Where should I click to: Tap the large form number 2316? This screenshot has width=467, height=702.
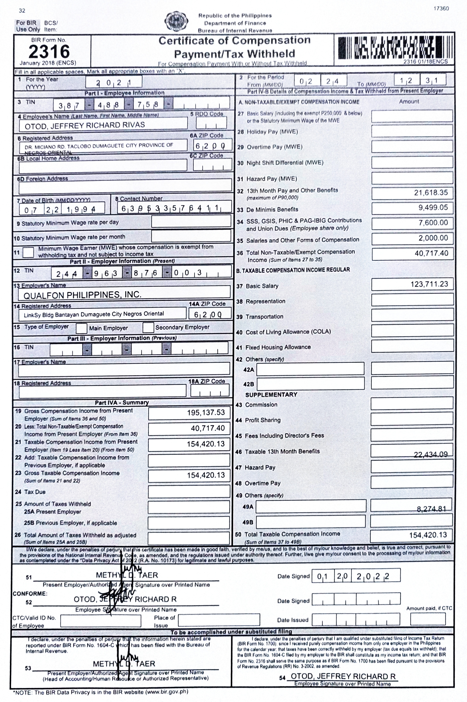(49, 52)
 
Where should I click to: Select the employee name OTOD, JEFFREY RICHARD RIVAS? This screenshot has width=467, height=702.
(85, 125)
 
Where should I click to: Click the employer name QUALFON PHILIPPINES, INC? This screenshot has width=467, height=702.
(83, 295)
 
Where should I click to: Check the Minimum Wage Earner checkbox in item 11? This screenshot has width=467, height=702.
(28, 252)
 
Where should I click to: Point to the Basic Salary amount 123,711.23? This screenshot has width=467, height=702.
(429, 284)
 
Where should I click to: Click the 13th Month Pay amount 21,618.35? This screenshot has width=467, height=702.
(431, 193)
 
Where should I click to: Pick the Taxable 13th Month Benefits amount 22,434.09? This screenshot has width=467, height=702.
(431, 454)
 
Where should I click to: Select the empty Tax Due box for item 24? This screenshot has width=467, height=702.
(189, 492)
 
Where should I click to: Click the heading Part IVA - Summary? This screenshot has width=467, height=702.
(122, 403)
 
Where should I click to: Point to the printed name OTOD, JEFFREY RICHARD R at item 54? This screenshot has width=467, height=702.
(343, 676)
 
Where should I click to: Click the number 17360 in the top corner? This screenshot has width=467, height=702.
(441, 8)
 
